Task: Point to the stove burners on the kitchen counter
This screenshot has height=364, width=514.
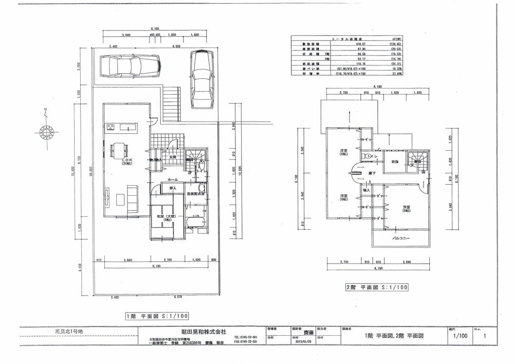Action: pos(110,126)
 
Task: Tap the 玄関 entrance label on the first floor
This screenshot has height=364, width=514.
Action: pos(172,157)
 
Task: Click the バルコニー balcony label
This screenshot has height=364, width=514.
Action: pos(400,239)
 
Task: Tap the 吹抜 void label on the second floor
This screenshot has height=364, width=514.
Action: pos(395,162)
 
